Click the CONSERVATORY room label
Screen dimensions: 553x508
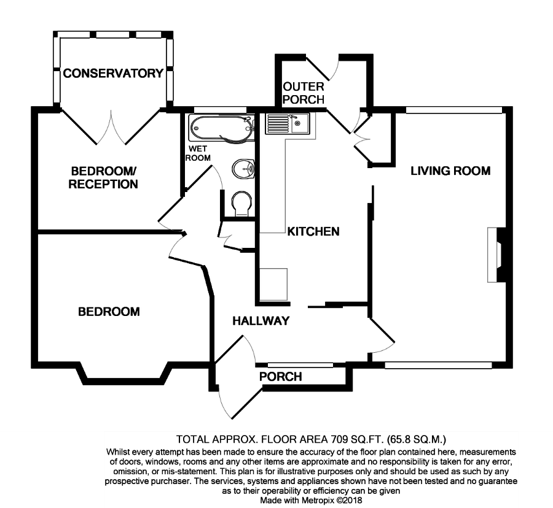click(x=113, y=73)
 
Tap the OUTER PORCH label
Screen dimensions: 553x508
click(x=304, y=93)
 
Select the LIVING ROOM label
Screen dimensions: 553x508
click(x=450, y=171)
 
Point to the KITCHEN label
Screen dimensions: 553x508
click(x=313, y=231)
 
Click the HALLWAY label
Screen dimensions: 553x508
click(x=261, y=321)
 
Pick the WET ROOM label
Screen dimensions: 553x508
click(x=198, y=153)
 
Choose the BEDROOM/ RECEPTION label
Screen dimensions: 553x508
click(x=103, y=177)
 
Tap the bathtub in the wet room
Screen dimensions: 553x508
click(x=222, y=128)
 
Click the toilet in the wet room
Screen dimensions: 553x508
click(x=242, y=204)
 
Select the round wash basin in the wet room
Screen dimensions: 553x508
click(x=243, y=168)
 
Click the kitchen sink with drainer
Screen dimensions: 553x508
click(x=288, y=123)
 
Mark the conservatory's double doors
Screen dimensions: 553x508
click(x=111, y=128)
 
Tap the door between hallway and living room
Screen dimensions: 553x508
click(x=382, y=334)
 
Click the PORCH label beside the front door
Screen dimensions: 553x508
click(x=281, y=377)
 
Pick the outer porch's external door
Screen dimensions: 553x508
click(x=323, y=67)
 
